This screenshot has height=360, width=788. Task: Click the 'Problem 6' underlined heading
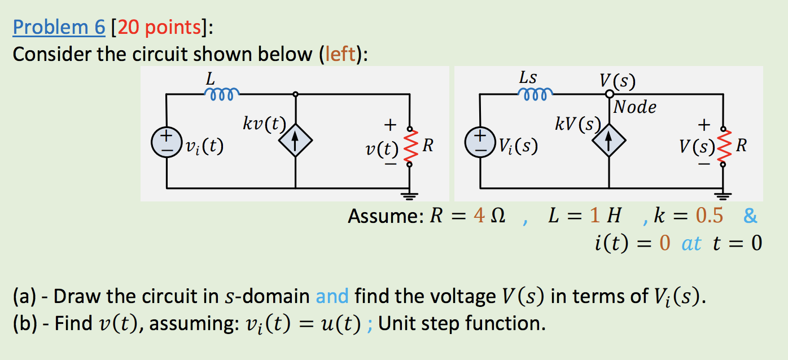tap(59, 27)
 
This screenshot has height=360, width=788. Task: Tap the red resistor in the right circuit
tap(723, 146)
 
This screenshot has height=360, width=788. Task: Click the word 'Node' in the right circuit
tap(635, 107)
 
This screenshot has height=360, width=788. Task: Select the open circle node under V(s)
tap(609, 94)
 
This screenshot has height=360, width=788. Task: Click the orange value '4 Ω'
tap(488, 216)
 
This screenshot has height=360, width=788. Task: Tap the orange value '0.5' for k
tap(709, 216)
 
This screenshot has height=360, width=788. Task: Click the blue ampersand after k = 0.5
tap(750, 216)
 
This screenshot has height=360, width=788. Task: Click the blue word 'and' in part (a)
tap(332, 296)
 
